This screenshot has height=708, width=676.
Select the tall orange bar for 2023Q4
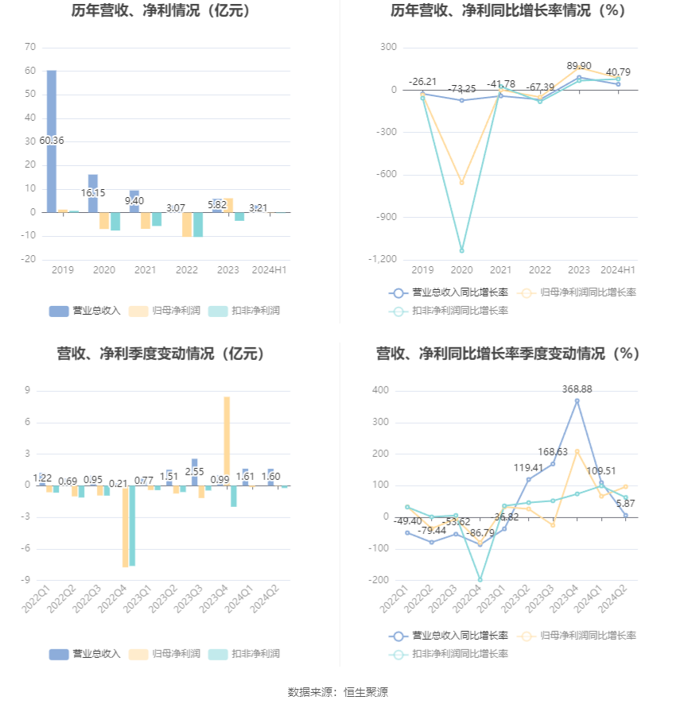(227, 440)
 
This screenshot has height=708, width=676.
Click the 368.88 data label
(577, 389)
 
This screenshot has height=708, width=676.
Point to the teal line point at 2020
(461, 250)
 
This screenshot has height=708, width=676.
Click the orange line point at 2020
(461, 183)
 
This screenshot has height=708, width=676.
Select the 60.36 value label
(51, 141)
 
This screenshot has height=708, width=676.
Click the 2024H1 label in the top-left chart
(269, 270)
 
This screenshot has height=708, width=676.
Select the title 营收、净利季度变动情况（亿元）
(161, 354)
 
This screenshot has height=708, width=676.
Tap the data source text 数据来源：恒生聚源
(338, 692)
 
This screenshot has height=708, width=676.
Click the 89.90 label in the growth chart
(578, 66)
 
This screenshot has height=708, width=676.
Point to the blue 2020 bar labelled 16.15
(93, 193)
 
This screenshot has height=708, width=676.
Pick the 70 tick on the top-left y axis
(30, 47)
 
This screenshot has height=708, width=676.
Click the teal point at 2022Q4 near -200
(480, 579)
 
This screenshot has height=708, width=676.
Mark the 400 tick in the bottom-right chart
(380, 390)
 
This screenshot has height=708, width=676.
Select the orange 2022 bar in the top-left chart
(187, 224)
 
